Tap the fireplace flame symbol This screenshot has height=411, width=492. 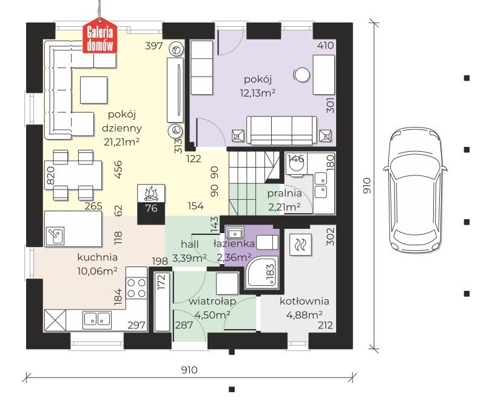151,193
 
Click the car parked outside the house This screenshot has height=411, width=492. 415,189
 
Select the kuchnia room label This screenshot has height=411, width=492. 98,257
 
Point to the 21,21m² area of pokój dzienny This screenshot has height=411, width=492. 122,142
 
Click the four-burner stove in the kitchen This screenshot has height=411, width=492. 136,288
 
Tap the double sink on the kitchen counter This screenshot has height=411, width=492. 97,318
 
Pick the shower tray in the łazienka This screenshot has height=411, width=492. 262,272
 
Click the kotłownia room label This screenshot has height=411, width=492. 305,302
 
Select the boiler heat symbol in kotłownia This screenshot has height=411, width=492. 300,244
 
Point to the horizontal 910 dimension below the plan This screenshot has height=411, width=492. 189,370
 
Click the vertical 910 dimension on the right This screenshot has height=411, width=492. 367,186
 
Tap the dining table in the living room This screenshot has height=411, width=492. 73,175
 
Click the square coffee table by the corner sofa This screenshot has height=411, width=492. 94,90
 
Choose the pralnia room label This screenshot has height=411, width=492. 285,194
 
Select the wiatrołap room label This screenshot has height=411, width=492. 212,302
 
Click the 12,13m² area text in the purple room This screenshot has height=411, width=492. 258,93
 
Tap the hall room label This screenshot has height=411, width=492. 189,244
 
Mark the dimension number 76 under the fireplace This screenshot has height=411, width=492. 151,208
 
